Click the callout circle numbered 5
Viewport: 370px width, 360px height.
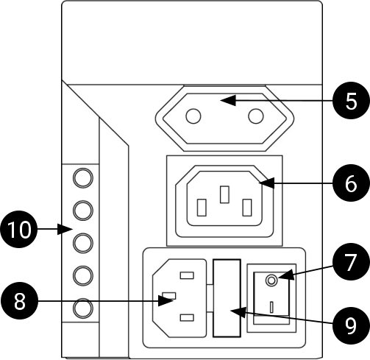coord(351,101)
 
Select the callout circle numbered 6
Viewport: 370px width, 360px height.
coord(351,183)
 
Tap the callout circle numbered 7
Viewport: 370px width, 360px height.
coord(351,261)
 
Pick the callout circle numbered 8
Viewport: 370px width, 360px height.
coord(20,301)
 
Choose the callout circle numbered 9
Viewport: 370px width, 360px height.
coord(351,325)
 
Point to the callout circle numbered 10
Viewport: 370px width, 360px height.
coord(19,230)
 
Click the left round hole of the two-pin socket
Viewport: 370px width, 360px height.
coord(193,116)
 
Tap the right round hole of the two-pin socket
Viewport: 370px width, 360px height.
coord(256,116)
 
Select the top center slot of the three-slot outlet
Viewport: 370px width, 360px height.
coord(224,194)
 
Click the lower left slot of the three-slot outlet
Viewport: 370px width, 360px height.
coord(202,208)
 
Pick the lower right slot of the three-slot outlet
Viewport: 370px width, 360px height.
coord(247,208)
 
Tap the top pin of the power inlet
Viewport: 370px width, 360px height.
coord(187,275)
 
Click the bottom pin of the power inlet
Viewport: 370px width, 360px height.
coord(187,318)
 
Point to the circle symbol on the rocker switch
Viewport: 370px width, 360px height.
coord(271,280)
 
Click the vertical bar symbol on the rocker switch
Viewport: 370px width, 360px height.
coord(271,307)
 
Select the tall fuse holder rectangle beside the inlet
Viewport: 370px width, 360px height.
coord(227,298)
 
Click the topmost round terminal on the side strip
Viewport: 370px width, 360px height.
coord(83,178)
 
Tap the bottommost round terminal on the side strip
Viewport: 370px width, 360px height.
coord(83,308)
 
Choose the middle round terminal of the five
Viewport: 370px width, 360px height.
coord(83,243)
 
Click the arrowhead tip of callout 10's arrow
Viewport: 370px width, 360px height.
coord(73,229)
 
